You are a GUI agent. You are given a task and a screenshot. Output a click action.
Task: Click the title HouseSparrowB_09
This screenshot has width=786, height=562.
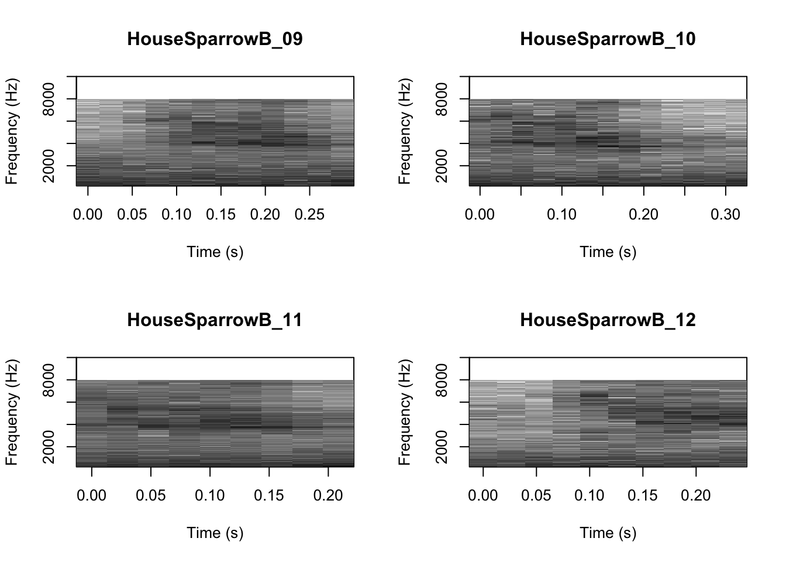click(x=215, y=39)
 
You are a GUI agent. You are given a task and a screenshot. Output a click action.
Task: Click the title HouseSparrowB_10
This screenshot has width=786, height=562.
click(x=608, y=39)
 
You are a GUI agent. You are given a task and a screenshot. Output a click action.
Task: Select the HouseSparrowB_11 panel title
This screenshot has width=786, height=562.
click(x=215, y=320)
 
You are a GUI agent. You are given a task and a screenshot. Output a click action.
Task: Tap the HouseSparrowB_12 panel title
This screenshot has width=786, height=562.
click(x=608, y=320)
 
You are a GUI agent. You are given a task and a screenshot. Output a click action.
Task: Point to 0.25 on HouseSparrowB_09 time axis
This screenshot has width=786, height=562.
click(x=309, y=215)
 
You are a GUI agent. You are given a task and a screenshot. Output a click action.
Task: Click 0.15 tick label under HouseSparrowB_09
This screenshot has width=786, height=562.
click(x=220, y=215)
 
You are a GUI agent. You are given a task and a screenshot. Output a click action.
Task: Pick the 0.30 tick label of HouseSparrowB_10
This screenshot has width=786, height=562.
click(x=725, y=215)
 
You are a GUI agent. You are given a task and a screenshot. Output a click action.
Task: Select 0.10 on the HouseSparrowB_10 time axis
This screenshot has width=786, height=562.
click(x=561, y=215)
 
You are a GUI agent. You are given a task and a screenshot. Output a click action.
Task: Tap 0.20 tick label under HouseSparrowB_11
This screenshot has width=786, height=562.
click(x=328, y=496)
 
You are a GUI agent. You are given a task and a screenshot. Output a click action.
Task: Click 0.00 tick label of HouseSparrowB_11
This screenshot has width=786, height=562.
click(x=92, y=496)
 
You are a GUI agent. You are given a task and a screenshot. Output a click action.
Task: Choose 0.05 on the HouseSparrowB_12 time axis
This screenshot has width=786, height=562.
click(x=536, y=496)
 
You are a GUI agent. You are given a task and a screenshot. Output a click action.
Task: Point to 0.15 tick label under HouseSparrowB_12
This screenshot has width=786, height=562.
click(x=643, y=496)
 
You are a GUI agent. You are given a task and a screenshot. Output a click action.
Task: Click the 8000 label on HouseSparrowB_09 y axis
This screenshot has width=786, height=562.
click(x=49, y=99)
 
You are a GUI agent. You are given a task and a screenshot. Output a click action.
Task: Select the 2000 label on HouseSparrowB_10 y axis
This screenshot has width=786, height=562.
click(x=442, y=166)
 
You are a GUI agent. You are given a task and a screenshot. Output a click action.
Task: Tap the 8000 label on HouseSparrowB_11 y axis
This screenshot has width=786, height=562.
click(x=49, y=380)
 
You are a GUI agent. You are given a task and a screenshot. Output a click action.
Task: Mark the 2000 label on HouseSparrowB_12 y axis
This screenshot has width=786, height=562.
click(x=442, y=447)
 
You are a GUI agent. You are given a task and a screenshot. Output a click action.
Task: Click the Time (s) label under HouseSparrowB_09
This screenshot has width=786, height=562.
click(x=215, y=252)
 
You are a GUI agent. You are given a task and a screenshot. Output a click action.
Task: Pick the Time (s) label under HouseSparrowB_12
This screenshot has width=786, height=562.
click(x=608, y=533)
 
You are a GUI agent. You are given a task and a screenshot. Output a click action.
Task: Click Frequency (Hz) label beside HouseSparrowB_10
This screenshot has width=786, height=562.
click(x=405, y=131)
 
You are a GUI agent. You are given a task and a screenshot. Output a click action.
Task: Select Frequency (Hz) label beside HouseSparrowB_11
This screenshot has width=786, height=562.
click(x=12, y=412)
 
